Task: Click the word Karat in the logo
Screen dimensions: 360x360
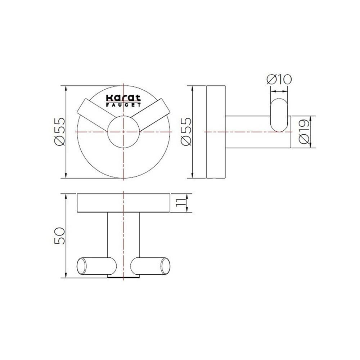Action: tap(123, 98)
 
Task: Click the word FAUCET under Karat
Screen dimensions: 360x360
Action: tap(123, 105)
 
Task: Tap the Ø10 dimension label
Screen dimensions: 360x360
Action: tap(279, 80)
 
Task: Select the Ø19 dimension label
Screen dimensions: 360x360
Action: tap(304, 132)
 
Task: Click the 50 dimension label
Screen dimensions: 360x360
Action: tap(60, 236)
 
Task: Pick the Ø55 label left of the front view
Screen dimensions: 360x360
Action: tap(60, 131)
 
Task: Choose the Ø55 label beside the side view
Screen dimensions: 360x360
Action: tap(186, 131)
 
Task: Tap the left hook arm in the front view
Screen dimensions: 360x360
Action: tap(96, 115)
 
